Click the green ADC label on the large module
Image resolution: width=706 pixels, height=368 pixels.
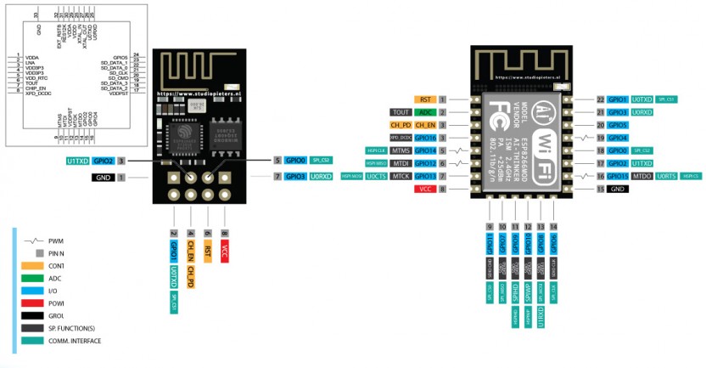(x=426, y=112)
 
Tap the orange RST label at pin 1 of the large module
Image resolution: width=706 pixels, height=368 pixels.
(x=425, y=99)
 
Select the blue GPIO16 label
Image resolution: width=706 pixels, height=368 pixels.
(x=425, y=137)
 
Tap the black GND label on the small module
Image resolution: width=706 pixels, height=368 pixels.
(x=104, y=178)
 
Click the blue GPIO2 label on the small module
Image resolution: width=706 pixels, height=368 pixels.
(x=104, y=160)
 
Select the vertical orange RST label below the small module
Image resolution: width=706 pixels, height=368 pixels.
(x=208, y=252)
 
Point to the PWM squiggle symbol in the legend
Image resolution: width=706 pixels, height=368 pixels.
(x=34, y=241)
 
